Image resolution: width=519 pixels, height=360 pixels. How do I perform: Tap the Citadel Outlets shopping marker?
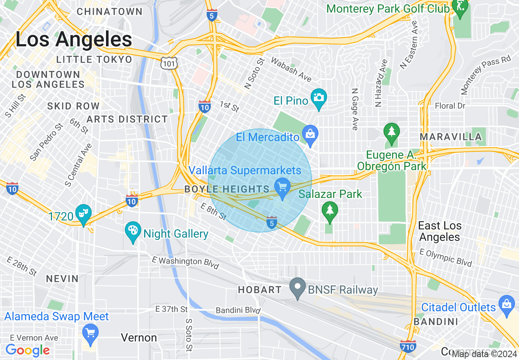(506, 305)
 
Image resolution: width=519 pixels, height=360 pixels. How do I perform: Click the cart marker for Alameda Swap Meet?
(90, 333)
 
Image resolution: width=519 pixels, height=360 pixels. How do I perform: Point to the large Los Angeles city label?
(74, 40)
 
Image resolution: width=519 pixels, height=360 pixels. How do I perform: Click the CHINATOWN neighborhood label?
(110, 11)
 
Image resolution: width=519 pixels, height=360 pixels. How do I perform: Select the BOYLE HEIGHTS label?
(227, 189)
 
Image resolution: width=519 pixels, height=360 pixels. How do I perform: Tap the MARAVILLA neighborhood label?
(451, 137)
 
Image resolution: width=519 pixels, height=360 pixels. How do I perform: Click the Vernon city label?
(139, 338)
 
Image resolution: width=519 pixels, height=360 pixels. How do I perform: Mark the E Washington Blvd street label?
(185, 263)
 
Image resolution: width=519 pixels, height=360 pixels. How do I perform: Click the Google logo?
(28, 350)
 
